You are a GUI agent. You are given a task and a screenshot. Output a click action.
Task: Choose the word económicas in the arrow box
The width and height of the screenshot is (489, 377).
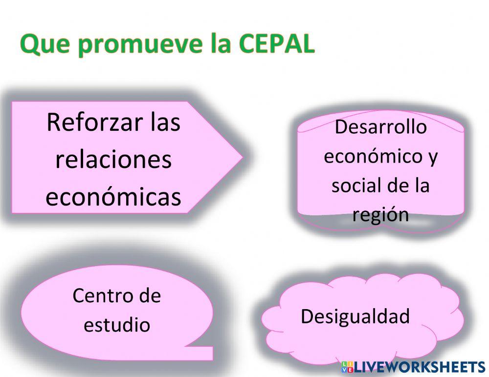(x=113, y=197)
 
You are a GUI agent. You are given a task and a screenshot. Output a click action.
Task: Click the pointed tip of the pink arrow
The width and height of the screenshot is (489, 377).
(x=242, y=157)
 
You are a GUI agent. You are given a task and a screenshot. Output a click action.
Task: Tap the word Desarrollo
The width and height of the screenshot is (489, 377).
(x=380, y=127)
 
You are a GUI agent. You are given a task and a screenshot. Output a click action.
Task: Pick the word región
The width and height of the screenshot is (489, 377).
(x=380, y=214)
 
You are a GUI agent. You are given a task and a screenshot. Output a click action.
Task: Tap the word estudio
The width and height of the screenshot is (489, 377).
(x=117, y=324)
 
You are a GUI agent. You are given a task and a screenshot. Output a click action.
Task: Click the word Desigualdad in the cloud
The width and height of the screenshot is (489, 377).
(x=355, y=316)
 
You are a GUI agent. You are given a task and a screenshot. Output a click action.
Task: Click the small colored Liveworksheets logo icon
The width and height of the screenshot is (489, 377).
(x=347, y=367)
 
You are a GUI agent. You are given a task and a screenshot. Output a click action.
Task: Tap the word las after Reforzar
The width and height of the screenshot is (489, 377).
(x=166, y=122)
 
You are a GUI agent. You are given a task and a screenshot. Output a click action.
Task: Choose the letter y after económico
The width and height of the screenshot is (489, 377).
(x=433, y=158)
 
